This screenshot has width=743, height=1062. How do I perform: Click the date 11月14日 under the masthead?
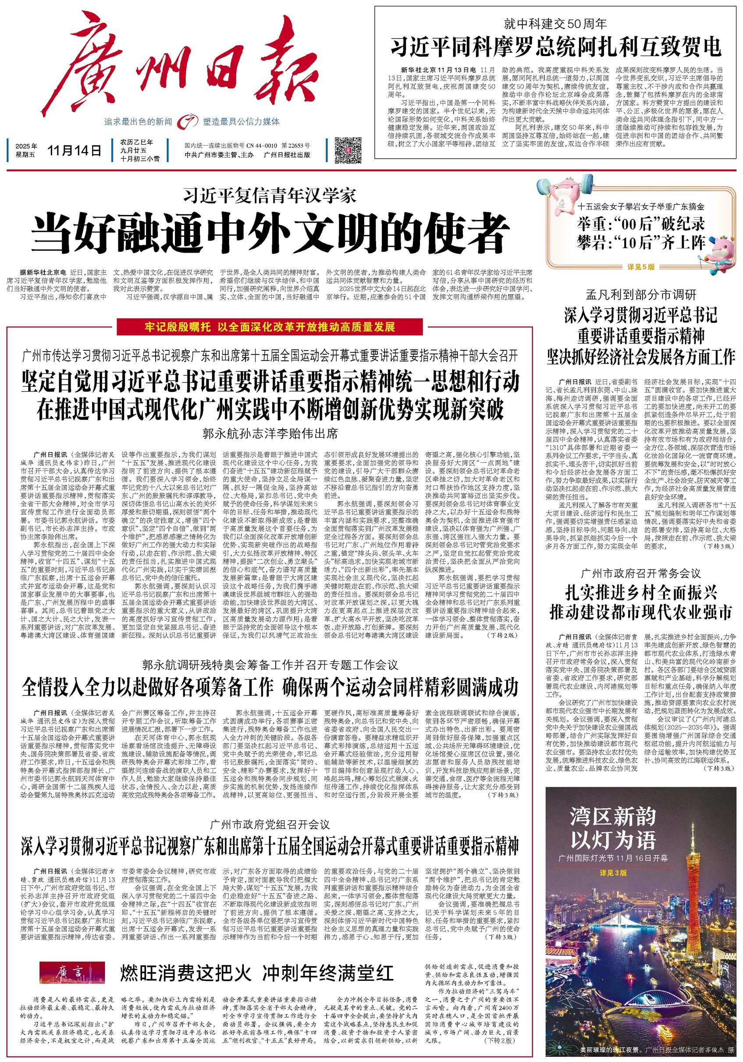[74, 150]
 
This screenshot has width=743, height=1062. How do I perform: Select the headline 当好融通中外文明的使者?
[270, 234]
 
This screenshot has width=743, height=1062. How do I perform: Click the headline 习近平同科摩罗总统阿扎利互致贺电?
[555, 46]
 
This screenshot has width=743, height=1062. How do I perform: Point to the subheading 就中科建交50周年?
[555, 24]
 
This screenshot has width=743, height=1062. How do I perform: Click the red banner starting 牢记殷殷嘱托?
[270, 327]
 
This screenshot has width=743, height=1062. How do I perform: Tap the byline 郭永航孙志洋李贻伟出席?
[270, 433]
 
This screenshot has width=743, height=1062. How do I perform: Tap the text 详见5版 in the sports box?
[641, 267]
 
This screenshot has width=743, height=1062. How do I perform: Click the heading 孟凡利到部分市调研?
[640, 295]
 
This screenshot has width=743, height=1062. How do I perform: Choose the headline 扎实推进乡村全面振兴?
[641, 592]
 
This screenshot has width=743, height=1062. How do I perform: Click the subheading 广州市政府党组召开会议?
[270, 825]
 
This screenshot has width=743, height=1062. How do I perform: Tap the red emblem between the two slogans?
[187, 121]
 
